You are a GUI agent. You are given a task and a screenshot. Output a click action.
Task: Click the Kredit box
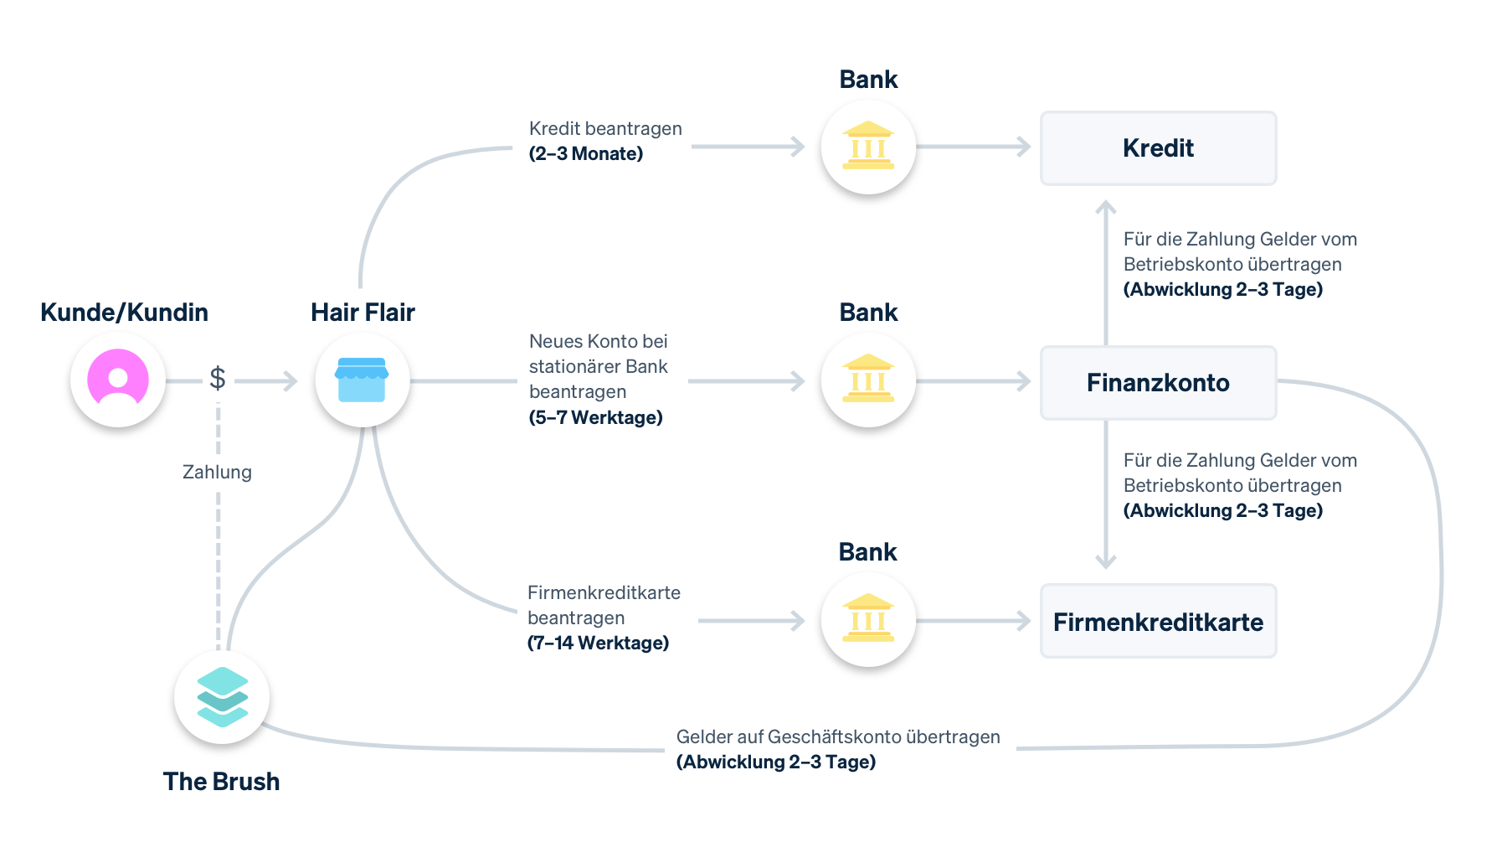(1158, 148)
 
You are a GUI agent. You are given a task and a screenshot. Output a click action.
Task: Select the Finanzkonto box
(1158, 383)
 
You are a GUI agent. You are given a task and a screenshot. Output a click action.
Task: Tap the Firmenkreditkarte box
(1158, 622)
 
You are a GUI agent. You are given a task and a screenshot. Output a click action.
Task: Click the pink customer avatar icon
(118, 379)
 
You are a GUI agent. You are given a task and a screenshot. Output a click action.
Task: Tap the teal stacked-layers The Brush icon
(222, 696)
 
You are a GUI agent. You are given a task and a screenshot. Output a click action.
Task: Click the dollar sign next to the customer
(218, 379)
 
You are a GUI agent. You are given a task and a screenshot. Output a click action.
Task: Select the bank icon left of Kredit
(868, 147)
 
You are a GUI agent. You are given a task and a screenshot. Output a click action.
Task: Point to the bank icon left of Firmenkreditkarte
(868, 619)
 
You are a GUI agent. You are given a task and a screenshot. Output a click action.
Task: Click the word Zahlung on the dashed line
(217, 472)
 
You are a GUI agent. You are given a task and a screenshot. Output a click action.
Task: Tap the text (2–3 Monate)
(586, 154)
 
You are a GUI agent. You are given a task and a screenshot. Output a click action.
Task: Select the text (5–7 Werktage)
(595, 417)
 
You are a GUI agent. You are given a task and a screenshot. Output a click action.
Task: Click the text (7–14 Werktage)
(598, 643)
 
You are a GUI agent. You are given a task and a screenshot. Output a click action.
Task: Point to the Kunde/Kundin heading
(124, 313)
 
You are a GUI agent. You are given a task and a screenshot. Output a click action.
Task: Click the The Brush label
(221, 781)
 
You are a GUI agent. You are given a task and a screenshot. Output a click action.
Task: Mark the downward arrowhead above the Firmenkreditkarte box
(1106, 562)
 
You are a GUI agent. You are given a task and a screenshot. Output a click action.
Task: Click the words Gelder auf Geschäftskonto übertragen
(838, 737)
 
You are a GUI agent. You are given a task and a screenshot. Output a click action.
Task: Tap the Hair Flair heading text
(363, 313)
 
